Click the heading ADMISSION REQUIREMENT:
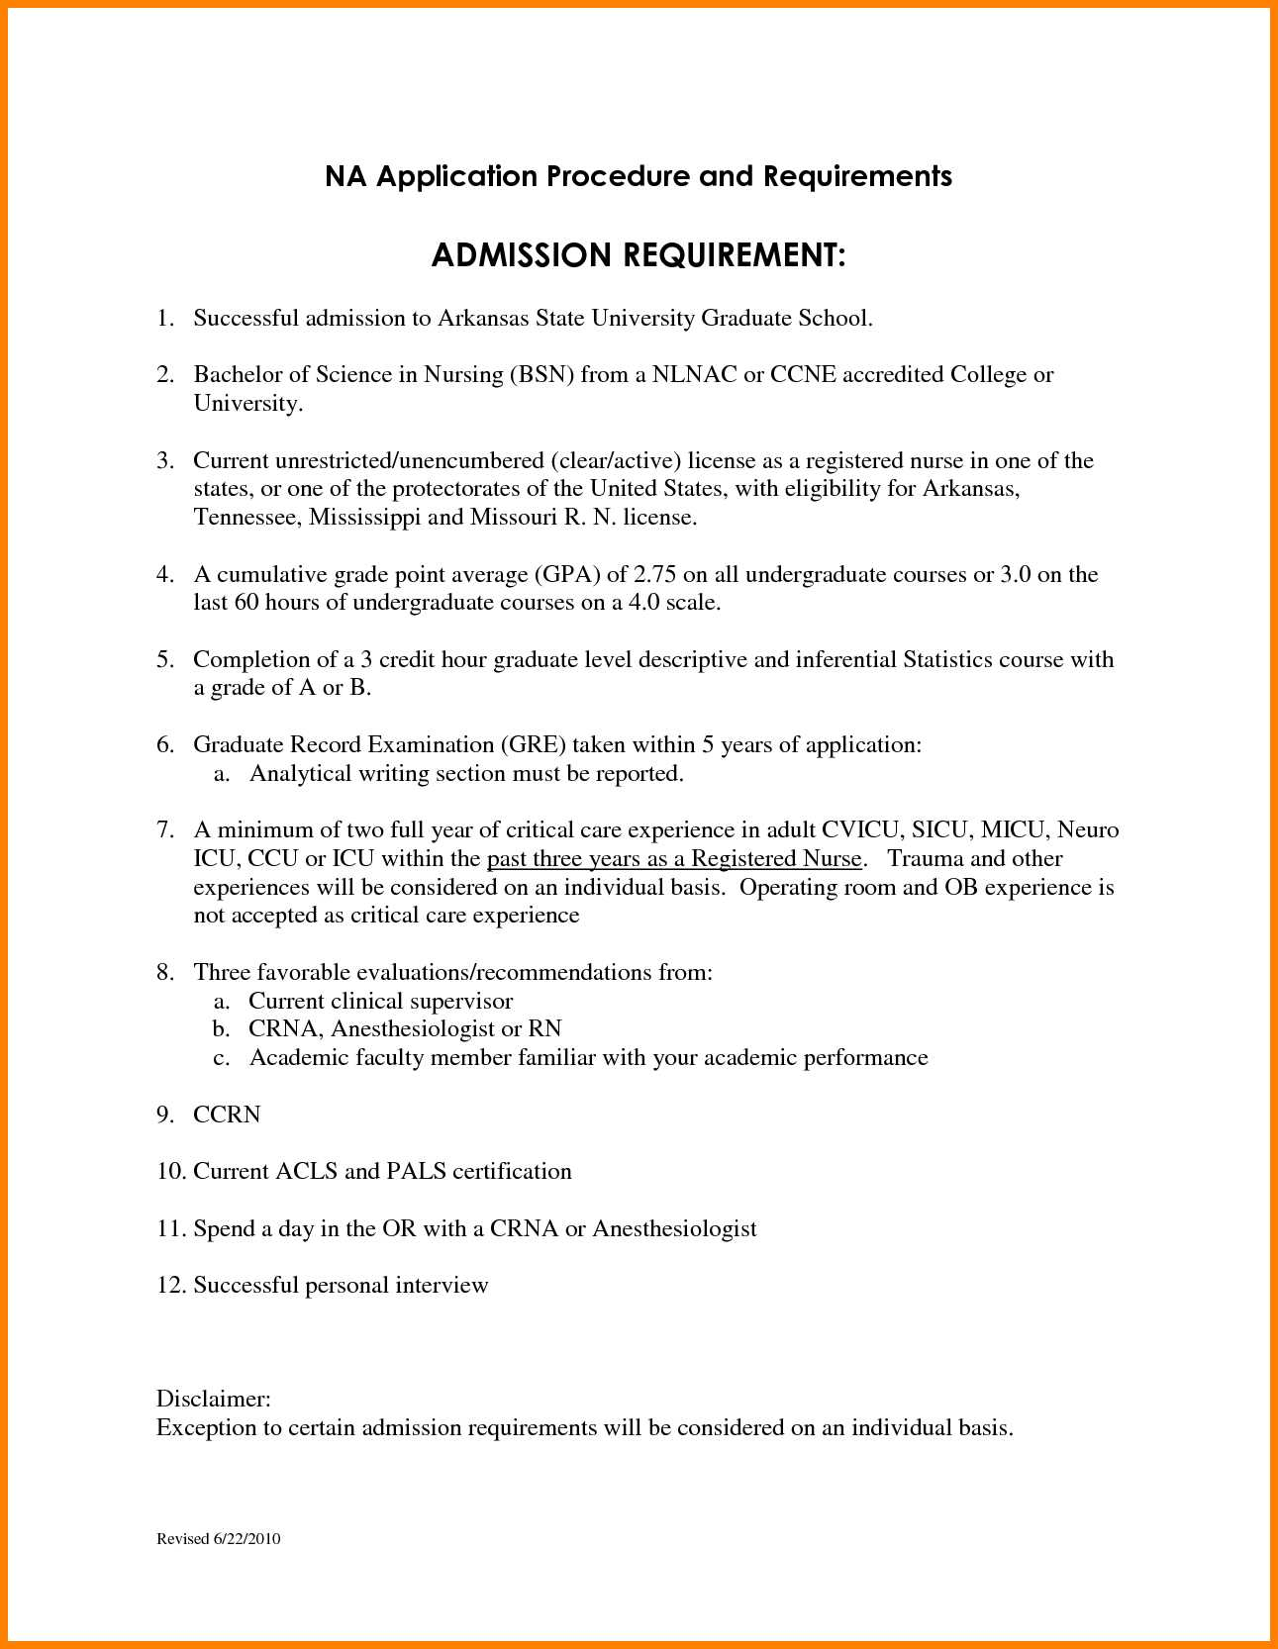coord(639,256)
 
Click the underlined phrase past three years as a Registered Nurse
coord(674,859)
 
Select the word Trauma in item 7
coord(926,859)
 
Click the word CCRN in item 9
coord(227,1115)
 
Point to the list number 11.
coord(170,1229)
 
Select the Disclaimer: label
coord(214,1400)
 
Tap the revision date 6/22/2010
coord(246,1539)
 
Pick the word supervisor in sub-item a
coord(462,1002)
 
